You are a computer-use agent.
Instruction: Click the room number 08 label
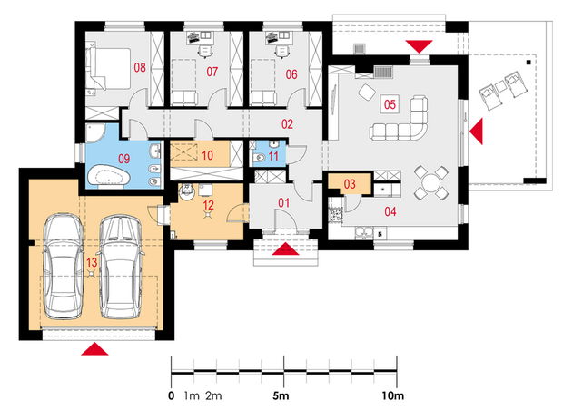click(140, 67)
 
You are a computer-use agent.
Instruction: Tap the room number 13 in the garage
click(92, 262)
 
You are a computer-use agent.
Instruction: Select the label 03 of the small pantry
click(350, 184)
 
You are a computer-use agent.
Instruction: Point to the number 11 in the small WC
click(273, 156)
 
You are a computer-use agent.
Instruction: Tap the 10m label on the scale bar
click(393, 396)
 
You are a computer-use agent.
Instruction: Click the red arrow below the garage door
click(94, 348)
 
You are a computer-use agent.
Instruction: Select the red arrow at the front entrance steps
click(285, 248)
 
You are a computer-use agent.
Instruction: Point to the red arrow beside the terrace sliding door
click(477, 132)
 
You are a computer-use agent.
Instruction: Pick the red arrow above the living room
click(419, 46)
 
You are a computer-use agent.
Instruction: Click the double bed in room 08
click(108, 69)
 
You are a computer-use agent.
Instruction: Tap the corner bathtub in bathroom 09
click(108, 175)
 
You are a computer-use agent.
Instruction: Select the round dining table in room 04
click(430, 183)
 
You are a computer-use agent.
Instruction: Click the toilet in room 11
click(259, 158)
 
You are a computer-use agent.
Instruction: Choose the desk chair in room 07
click(205, 52)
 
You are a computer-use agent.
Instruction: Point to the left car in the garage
click(63, 266)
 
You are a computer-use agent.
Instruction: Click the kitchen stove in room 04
click(336, 215)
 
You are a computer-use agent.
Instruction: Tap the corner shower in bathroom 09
click(94, 133)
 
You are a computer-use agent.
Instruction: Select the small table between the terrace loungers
click(500, 86)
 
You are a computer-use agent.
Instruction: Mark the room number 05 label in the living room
click(390, 104)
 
